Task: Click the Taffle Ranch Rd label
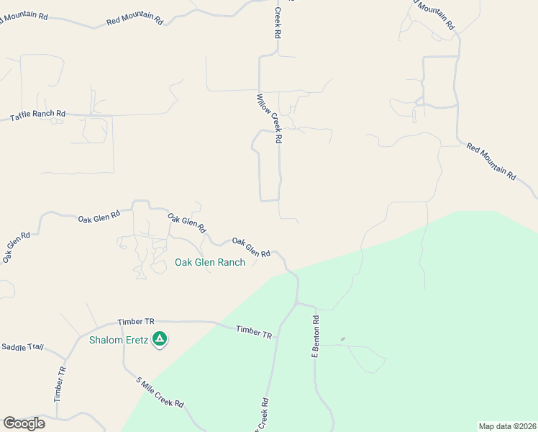37,115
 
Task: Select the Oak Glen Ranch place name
210,263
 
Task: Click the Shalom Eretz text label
119,341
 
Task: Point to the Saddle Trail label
22,347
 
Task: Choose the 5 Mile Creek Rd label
160,393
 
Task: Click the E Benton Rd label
315,336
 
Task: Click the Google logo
24,423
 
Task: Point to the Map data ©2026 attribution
507,426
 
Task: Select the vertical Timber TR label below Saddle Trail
60,384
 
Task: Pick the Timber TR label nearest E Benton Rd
255,331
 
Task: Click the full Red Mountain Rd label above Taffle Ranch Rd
134,20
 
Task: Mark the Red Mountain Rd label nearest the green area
491,161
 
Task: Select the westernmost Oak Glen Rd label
16,246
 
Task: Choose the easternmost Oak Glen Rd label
251,247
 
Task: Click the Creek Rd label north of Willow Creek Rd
277,23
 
